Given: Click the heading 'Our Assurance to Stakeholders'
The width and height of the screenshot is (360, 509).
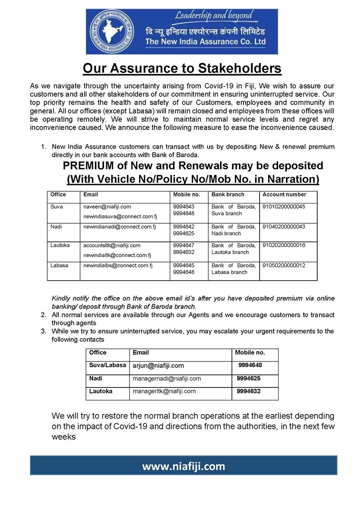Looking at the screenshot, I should pos(182,68).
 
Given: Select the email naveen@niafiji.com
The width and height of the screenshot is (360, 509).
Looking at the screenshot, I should pos(107,207).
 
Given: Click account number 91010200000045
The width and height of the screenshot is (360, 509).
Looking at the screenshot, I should pos(284,207).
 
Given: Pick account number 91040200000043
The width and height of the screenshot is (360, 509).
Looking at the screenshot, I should pos(284,227).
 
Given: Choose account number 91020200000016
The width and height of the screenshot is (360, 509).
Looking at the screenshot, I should pos(284,246).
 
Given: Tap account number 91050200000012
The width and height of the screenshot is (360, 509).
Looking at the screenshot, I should pos(284,266).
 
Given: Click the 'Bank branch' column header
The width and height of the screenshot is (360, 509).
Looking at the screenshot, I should pos(228,194).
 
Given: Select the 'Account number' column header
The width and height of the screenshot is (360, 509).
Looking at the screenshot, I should pos(284,194).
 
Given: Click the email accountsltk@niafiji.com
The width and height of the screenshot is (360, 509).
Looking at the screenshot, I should pos(112,246).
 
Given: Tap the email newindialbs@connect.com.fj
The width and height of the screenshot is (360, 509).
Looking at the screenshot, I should pos(118,266).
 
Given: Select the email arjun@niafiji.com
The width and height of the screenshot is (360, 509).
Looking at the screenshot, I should pos(158,366).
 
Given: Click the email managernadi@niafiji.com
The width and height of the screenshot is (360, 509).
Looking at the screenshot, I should pos(166,379).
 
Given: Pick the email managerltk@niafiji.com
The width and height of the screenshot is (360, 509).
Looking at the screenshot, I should pos(164,392).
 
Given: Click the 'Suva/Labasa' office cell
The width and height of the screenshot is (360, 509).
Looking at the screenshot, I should pos(108,365).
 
